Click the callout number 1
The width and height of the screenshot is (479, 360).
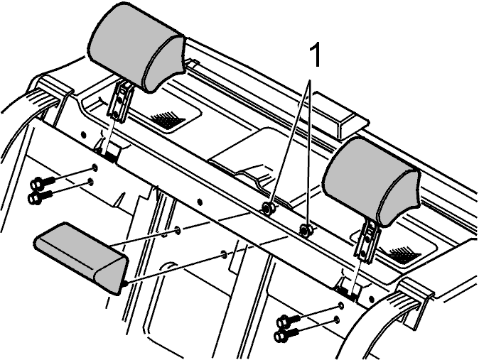[316, 55]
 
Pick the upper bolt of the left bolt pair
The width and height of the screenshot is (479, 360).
[43, 182]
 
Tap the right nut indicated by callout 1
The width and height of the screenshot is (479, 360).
[305, 229]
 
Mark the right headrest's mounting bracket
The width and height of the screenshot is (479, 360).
[367, 241]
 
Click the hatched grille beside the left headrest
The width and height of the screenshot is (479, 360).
[167, 119]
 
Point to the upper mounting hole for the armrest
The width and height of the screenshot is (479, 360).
[178, 229]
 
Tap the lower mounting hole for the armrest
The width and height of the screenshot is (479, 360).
[224, 253]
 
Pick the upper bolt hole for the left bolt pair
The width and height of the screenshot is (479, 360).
[95, 168]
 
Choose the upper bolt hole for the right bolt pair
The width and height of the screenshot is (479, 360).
[340, 305]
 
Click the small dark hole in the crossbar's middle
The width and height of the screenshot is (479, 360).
[200, 202]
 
